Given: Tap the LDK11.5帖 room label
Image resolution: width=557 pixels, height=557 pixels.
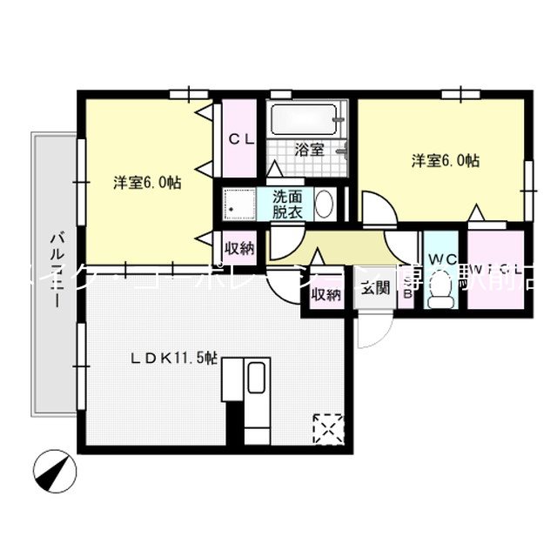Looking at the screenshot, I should tap(174, 357).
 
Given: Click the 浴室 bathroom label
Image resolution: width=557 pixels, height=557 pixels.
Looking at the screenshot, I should tap(309, 149).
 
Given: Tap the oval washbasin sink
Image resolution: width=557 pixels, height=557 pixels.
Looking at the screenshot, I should tap(324, 205).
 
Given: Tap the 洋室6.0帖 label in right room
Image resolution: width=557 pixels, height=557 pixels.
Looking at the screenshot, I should tap(446, 160).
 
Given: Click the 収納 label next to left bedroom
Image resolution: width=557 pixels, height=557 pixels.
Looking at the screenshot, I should tap(239, 248).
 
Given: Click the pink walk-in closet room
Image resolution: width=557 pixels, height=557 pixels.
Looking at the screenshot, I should tap(496, 274).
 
